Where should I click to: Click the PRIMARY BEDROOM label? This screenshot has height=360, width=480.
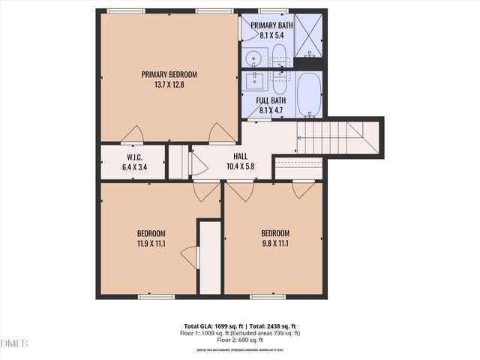169,74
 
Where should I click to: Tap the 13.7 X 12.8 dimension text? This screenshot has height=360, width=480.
169,85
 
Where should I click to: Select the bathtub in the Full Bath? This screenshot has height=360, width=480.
309,94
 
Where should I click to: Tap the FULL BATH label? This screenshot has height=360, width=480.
271,100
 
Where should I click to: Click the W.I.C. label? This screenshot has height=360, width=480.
135,157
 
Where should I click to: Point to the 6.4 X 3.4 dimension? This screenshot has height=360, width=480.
135,166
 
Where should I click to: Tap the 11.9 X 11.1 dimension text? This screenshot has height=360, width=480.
151,243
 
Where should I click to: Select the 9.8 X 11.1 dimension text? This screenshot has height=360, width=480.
275,243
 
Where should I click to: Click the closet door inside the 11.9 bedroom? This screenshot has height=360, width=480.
190,256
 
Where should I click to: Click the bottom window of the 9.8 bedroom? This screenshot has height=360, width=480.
268,297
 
